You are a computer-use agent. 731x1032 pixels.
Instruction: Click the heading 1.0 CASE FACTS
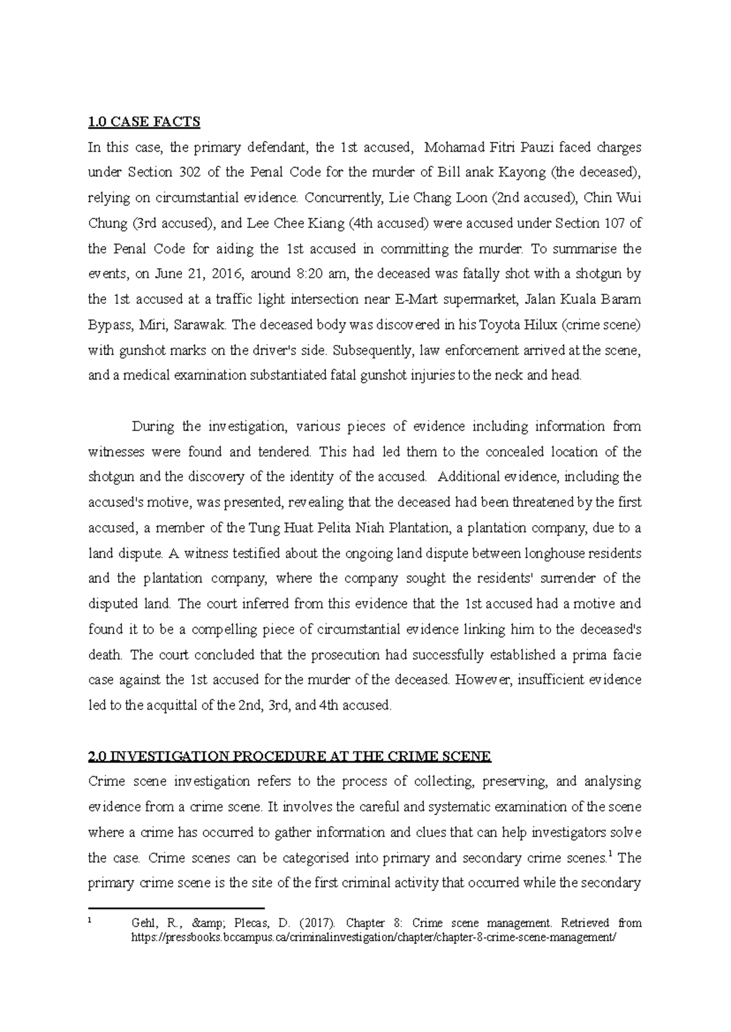144,122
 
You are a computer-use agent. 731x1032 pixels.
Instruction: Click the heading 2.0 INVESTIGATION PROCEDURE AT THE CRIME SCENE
289,757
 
